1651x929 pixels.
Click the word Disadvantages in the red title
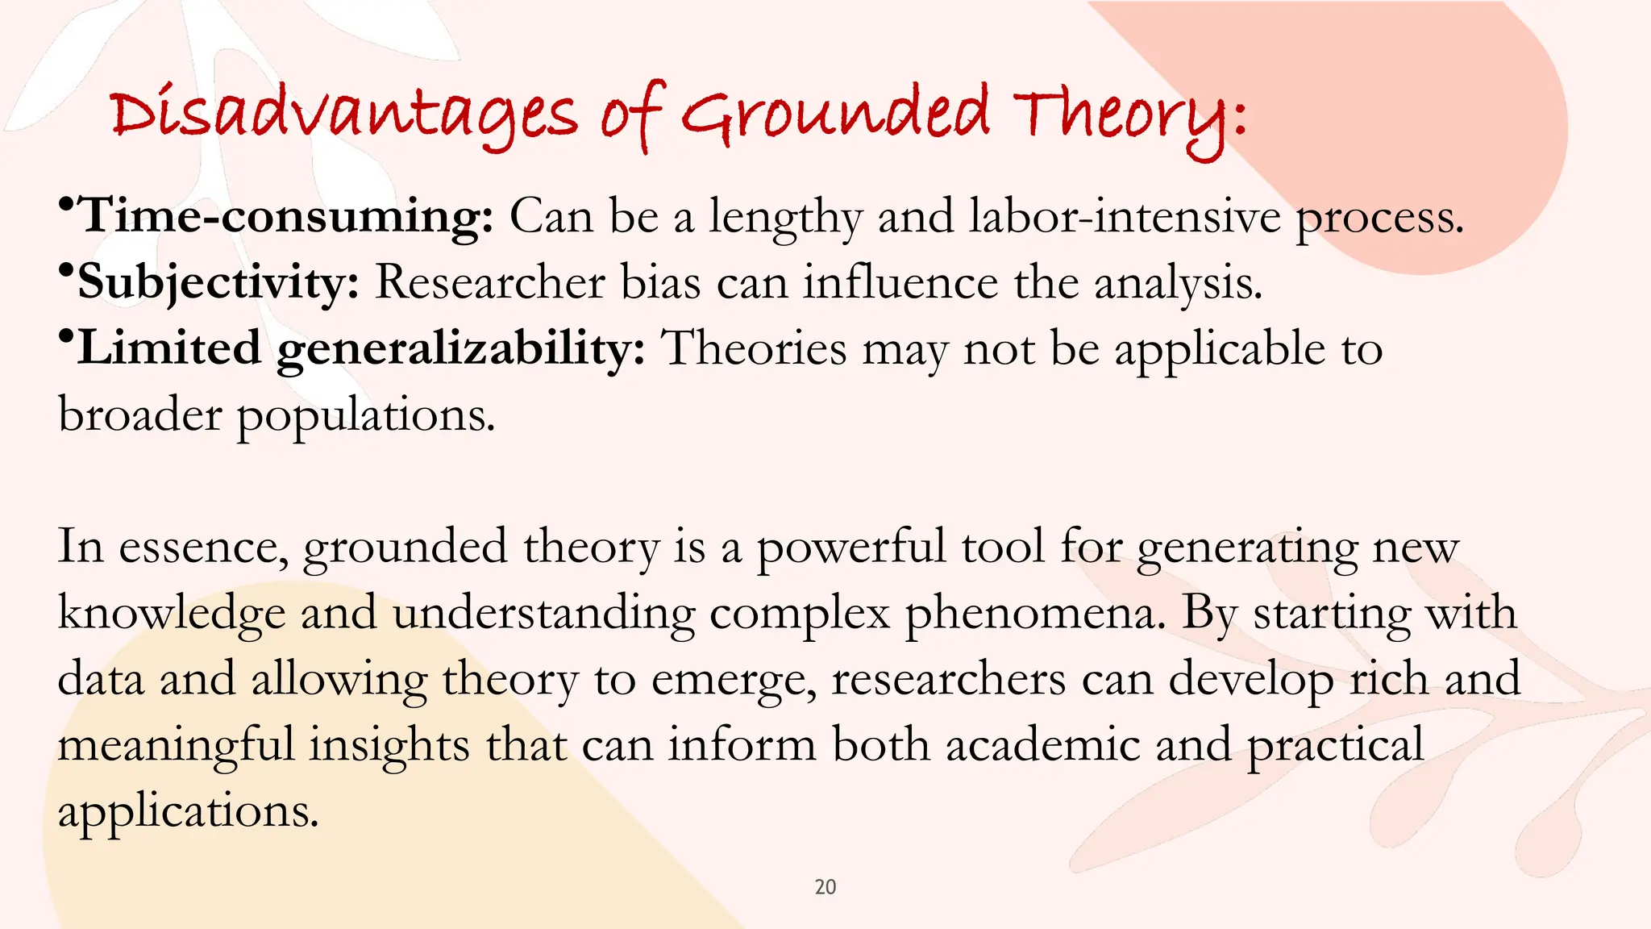(x=343, y=115)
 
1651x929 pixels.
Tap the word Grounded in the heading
(x=835, y=115)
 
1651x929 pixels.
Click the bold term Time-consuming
(x=287, y=217)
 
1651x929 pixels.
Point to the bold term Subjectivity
(x=218, y=283)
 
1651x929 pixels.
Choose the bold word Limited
(x=169, y=348)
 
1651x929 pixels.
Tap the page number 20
(x=825, y=887)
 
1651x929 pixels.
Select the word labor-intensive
(x=1124, y=217)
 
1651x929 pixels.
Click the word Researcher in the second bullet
(x=490, y=283)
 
